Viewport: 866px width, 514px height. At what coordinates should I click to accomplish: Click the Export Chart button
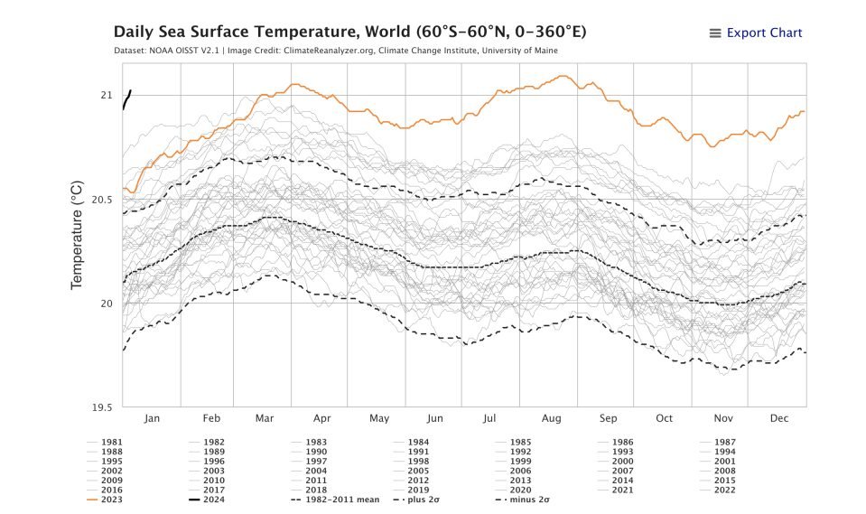[x=764, y=33]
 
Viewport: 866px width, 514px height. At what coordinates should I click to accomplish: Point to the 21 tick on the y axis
[x=106, y=95]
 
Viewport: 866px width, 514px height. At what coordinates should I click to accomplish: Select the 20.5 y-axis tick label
[x=100, y=199]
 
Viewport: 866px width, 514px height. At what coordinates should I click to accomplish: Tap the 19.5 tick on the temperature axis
[x=100, y=407]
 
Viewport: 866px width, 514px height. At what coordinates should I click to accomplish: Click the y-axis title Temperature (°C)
[x=78, y=234]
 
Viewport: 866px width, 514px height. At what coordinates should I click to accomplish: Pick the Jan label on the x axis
[x=152, y=418]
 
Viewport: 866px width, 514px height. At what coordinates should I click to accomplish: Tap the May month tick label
[x=378, y=418]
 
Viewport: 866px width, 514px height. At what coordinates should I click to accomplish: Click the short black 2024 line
[x=126, y=98]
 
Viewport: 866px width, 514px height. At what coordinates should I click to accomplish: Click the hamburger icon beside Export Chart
[x=715, y=33]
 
